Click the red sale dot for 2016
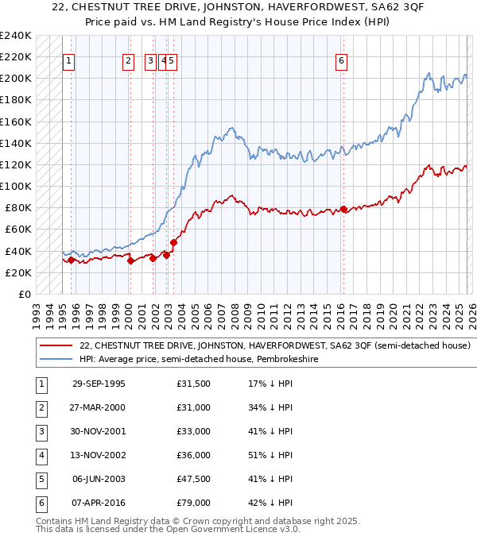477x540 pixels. (x=343, y=209)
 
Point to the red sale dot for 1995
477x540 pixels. (x=72, y=260)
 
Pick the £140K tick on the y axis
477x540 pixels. (x=17, y=143)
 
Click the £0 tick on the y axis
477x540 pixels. (x=25, y=294)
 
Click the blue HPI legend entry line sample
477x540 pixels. (x=56, y=359)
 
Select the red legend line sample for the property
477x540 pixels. (x=56, y=345)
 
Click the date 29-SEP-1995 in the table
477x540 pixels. (x=99, y=384)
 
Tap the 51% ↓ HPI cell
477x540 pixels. (x=270, y=457)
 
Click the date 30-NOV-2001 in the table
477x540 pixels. (x=99, y=433)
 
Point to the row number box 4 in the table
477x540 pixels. (x=39, y=457)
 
